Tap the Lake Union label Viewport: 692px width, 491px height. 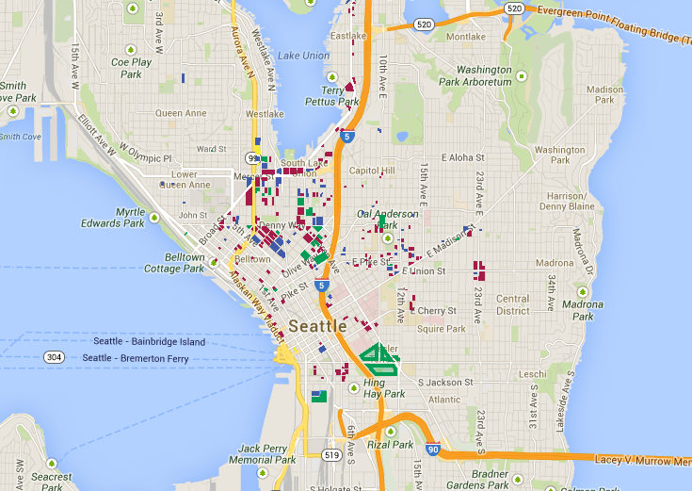coord(302,56)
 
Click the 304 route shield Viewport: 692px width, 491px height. coord(54,357)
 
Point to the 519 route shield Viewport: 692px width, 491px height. coord(330,455)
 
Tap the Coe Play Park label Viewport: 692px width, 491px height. coord(131,68)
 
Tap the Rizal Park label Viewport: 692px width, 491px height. coord(390,444)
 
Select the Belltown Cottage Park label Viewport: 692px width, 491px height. coord(173,263)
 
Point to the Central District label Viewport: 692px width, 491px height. coord(513,304)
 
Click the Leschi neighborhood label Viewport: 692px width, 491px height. coord(532,373)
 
